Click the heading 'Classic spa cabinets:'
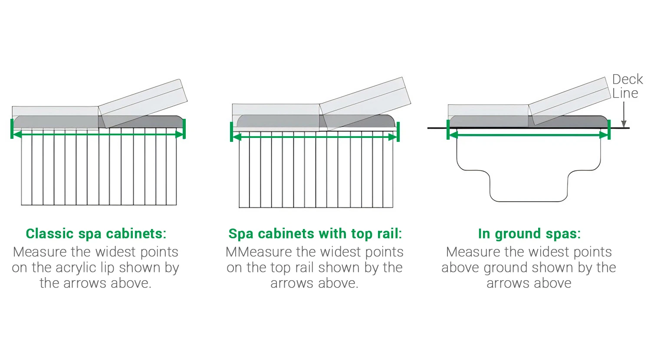coord(96,234)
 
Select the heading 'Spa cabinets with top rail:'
coord(315,234)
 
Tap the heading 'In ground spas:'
coord(529,234)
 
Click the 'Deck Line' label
coord(627,86)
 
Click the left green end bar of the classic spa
coord(12,129)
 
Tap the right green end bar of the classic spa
coord(184,129)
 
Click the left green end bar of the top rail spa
coord(232,131)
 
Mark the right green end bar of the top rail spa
coord(398,131)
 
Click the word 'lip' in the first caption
coord(107,268)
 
